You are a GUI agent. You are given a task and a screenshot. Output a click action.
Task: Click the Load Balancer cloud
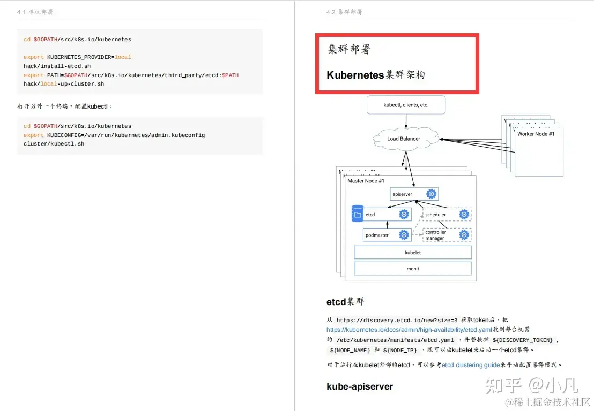point(404,139)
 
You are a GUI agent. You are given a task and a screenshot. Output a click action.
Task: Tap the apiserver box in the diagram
point(414,194)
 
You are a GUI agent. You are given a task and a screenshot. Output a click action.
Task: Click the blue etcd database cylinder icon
point(357,214)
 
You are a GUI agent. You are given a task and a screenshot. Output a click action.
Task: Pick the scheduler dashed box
point(447,215)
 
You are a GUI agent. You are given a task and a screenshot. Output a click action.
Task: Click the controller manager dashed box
point(447,235)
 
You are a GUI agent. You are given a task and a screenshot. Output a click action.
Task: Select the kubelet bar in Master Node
point(413,252)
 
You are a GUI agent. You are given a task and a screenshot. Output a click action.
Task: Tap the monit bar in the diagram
point(413,269)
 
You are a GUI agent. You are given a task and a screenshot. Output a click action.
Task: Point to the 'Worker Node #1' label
point(536,134)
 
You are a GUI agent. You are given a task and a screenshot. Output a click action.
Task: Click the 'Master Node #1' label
point(366,181)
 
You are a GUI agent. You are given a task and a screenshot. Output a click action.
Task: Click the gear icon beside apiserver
point(431,194)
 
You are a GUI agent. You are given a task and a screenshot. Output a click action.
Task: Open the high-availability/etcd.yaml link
point(409,330)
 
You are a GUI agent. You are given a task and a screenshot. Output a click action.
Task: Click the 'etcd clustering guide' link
point(470,364)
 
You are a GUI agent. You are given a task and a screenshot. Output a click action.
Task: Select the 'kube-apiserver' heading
point(359,386)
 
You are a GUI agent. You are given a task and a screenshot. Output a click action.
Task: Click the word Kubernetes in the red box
point(355,75)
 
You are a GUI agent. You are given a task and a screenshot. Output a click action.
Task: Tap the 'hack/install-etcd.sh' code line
point(57,66)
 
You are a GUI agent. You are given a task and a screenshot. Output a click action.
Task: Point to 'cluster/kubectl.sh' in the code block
point(54,144)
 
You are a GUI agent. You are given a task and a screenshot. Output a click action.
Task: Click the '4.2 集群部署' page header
point(344,12)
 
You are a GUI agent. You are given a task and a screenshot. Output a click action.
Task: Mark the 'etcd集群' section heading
point(345,301)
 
